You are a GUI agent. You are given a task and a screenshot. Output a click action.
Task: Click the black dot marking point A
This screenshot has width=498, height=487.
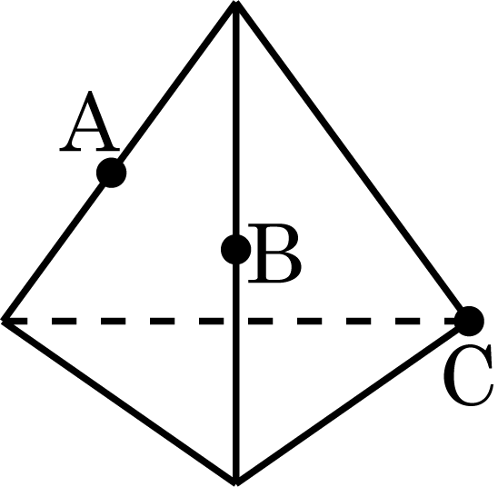pyautogui.click(x=111, y=173)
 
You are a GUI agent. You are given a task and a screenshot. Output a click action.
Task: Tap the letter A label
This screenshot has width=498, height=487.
pyautogui.click(x=90, y=121)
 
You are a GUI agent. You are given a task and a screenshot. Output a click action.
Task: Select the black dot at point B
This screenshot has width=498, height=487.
pyautogui.click(x=235, y=249)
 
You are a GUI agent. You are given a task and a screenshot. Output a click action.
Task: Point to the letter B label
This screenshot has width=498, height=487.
pyautogui.click(x=274, y=253)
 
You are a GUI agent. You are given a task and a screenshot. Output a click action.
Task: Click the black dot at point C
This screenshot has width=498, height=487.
pyautogui.click(x=469, y=322)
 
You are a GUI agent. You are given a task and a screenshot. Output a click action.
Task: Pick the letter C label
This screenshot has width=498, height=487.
pyautogui.click(x=468, y=376)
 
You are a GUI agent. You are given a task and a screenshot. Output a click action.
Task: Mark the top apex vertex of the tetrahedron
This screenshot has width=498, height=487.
pyautogui.click(x=235, y=3)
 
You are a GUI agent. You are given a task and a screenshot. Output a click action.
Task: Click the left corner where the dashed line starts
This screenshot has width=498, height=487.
pyautogui.click(x=3, y=321)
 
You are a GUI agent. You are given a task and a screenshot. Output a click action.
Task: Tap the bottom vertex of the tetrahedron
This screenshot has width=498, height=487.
pyautogui.click(x=235, y=483)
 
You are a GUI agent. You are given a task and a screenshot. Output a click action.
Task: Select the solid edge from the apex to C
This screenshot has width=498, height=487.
pyautogui.click(x=353, y=163)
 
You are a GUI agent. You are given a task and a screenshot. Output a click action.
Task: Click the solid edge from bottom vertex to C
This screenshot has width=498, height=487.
pyautogui.click(x=353, y=403)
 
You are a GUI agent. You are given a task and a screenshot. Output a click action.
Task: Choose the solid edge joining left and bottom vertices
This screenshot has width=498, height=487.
pyautogui.click(x=119, y=403)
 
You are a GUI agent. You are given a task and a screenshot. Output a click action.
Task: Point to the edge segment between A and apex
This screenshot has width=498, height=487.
pyautogui.click(x=174, y=88)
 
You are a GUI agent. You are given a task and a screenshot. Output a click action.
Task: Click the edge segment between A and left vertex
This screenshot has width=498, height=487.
pyautogui.click(x=57, y=247)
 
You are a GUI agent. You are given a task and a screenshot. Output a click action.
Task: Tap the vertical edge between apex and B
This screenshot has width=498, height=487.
pyautogui.click(x=235, y=126)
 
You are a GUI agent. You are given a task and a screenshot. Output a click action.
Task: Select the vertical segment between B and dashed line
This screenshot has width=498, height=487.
pyautogui.click(x=235, y=285)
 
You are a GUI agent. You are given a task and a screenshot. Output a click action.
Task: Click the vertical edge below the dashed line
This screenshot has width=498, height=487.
pyautogui.click(x=235, y=402)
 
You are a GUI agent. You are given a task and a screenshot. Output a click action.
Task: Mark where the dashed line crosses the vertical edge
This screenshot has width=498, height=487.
pyautogui.click(x=235, y=321)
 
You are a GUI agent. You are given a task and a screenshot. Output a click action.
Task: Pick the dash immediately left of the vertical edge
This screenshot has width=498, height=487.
pyautogui.click(x=212, y=321)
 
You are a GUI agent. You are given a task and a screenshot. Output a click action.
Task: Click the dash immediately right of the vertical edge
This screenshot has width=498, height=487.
pyautogui.click(x=260, y=321)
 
